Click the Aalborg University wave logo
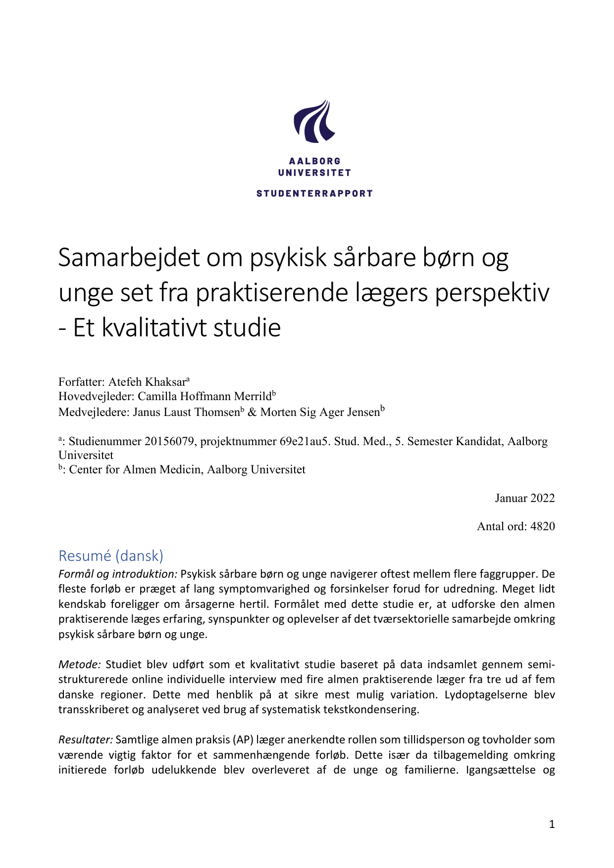[314, 122]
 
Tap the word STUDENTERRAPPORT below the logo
[314, 193]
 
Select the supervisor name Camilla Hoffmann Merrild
[205, 397]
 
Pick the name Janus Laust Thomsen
[186, 412]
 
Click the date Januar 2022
[525, 498]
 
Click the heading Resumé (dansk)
[111, 556]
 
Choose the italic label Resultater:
[86, 740]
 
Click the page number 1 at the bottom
[552, 824]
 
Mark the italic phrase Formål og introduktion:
[118, 574]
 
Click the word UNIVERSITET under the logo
[314, 173]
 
